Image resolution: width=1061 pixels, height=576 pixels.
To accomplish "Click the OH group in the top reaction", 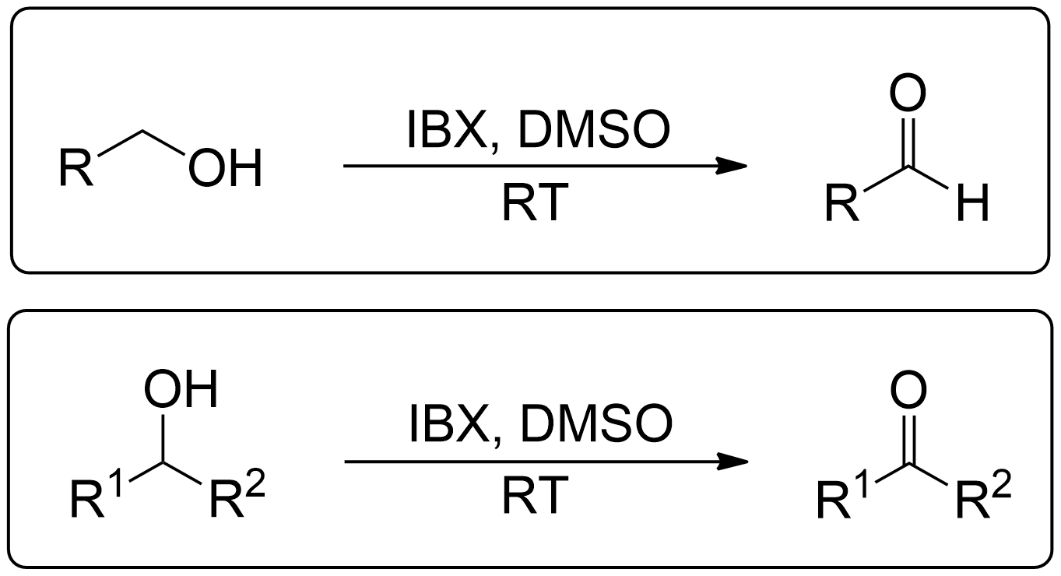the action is (225, 168).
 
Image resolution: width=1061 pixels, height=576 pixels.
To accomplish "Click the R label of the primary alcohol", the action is (76, 167).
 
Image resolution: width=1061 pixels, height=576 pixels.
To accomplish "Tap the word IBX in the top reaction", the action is (447, 130).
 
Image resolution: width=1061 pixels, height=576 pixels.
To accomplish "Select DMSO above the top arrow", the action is (595, 130).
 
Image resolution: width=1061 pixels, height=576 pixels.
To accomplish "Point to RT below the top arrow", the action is (535, 202).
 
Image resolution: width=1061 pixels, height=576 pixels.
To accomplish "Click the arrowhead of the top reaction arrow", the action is (731, 166).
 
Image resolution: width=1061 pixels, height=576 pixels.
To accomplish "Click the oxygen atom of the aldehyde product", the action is (908, 93).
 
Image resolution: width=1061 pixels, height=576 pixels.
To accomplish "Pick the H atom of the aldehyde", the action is (973, 202).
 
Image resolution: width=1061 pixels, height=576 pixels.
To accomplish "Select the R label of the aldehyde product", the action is (842, 202).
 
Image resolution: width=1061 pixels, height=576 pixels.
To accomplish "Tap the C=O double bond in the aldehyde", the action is (908, 141).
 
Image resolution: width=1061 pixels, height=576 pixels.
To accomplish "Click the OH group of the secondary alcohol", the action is (181, 389).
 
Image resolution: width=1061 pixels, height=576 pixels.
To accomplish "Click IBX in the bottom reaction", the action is (449, 424).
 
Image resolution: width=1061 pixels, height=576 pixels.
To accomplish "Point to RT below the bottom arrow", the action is (535, 496).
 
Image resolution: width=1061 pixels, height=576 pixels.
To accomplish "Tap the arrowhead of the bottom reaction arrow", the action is (733, 462).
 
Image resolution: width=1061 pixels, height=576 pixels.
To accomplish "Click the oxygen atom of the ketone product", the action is (908, 390).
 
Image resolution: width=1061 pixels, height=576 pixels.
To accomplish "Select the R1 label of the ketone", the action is (844, 495).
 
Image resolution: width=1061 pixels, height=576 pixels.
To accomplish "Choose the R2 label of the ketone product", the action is (984, 495).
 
